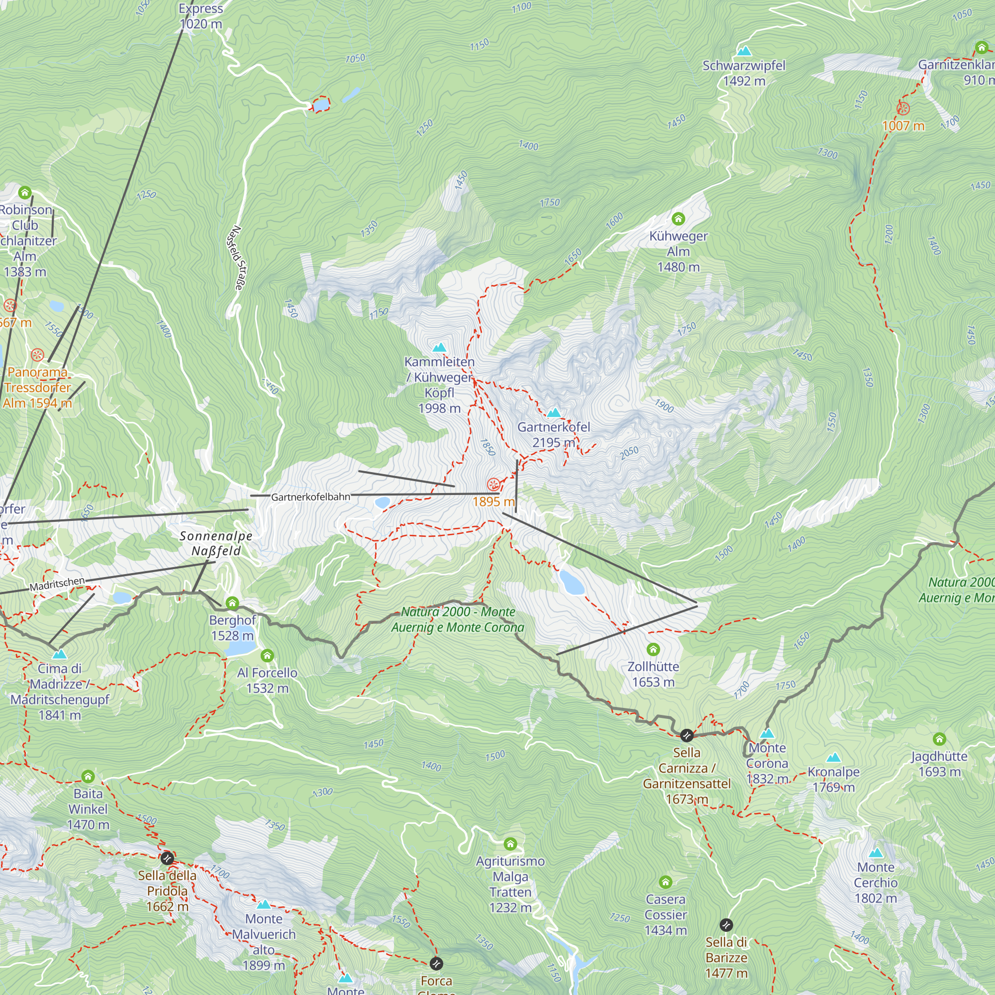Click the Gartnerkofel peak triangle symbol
coord(554,412)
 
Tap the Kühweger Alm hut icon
coord(678,219)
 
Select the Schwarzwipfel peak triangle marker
coord(744,51)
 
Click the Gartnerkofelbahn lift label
coord(310,497)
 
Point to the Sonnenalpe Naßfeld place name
coord(216,543)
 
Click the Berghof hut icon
coord(232,603)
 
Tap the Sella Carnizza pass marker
coord(687,735)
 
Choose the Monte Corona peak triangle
coord(767,733)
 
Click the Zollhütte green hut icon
coord(653,649)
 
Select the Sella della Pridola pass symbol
coord(166,858)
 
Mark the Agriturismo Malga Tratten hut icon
coord(510,844)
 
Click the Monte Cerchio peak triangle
coord(876,853)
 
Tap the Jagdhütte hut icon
coord(939,739)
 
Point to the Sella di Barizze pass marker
coord(726,925)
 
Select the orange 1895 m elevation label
coord(494,501)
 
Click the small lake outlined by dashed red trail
coord(321,104)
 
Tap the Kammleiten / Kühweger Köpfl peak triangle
coord(439,348)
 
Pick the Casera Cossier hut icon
coord(665,882)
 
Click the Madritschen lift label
coord(57,584)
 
